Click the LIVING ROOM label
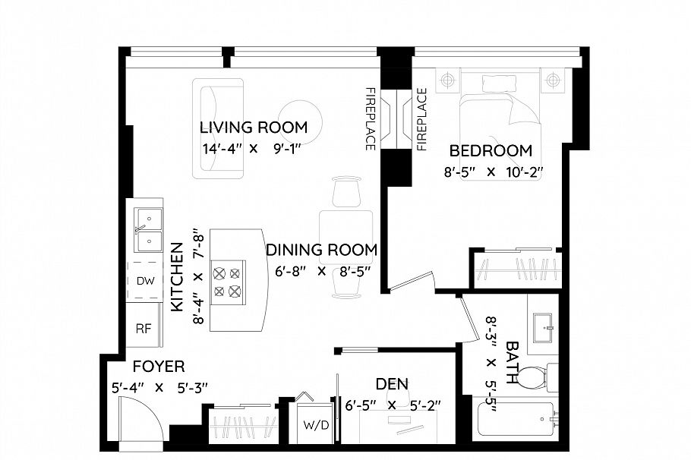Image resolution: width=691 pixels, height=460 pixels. (x=254, y=128)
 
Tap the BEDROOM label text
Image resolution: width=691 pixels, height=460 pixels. (x=491, y=151)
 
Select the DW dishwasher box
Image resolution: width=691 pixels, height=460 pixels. (x=145, y=281)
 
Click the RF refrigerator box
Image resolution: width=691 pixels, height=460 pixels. (x=144, y=328)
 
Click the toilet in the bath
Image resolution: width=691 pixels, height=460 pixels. (x=535, y=378)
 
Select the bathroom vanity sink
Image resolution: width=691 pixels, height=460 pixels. (x=542, y=327)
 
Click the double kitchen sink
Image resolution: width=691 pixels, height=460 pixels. (x=148, y=229)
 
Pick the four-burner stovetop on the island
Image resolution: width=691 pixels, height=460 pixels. (x=228, y=282)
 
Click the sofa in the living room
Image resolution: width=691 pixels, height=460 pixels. (x=218, y=128)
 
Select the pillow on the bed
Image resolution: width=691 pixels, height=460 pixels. (x=500, y=83)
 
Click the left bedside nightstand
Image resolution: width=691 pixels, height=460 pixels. (x=448, y=80)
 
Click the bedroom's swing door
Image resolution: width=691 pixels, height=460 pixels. (x=412, y=282)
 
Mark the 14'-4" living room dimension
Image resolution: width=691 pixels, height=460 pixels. (x=222, y=149)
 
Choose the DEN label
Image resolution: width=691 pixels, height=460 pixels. (x=392, y=384)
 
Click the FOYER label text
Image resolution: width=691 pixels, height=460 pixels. (x=159, y=366)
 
